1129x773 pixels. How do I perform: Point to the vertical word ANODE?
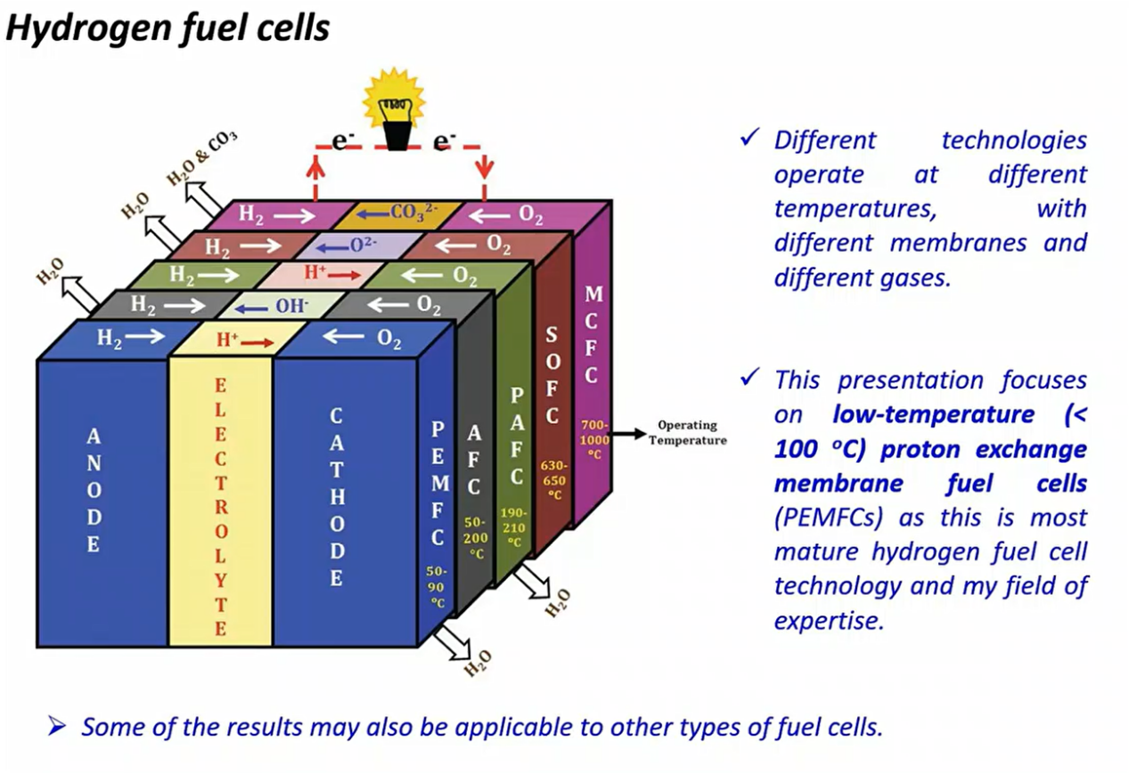tap(94, 490)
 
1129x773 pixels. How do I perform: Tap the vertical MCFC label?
tap(592, 335)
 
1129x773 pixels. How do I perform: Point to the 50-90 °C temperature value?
tap(438, 586)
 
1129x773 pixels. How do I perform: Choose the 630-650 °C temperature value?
tap(552, 480)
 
